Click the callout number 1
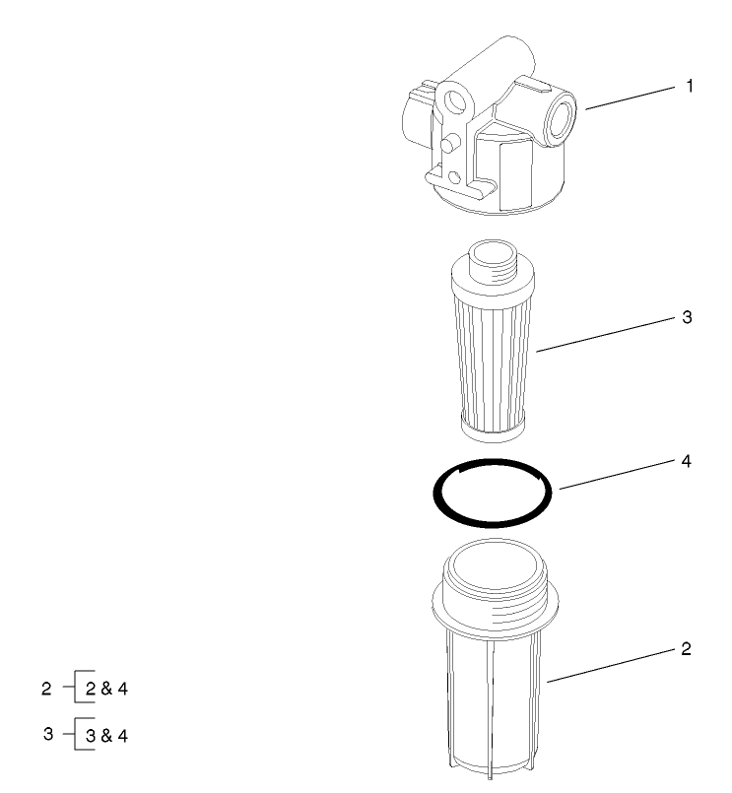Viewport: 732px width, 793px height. (x=690, y=88)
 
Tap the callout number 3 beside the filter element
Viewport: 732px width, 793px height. (x=689, y=318)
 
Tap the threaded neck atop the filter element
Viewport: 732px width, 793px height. (x=490, y=259)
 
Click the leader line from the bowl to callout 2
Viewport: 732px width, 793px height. (x=611, y=665)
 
